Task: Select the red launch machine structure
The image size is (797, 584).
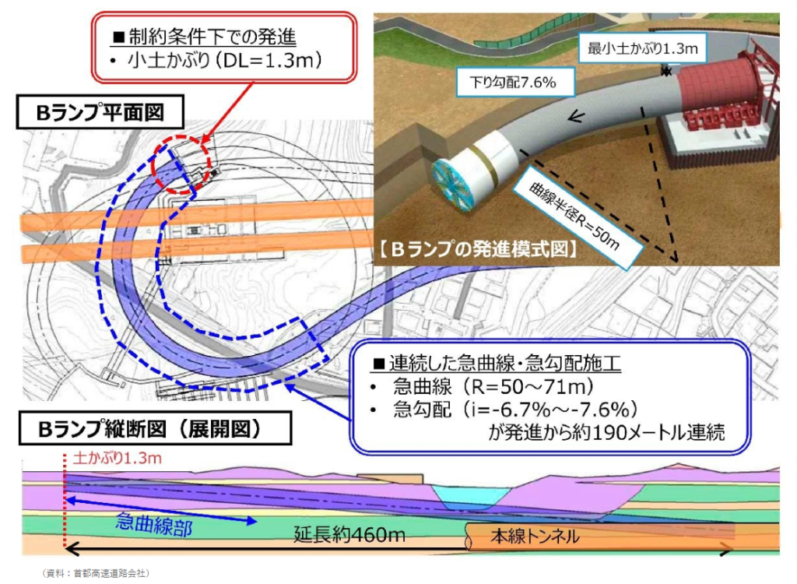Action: (x=724, y=101)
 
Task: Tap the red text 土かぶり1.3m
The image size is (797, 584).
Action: (x=117, y=459)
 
